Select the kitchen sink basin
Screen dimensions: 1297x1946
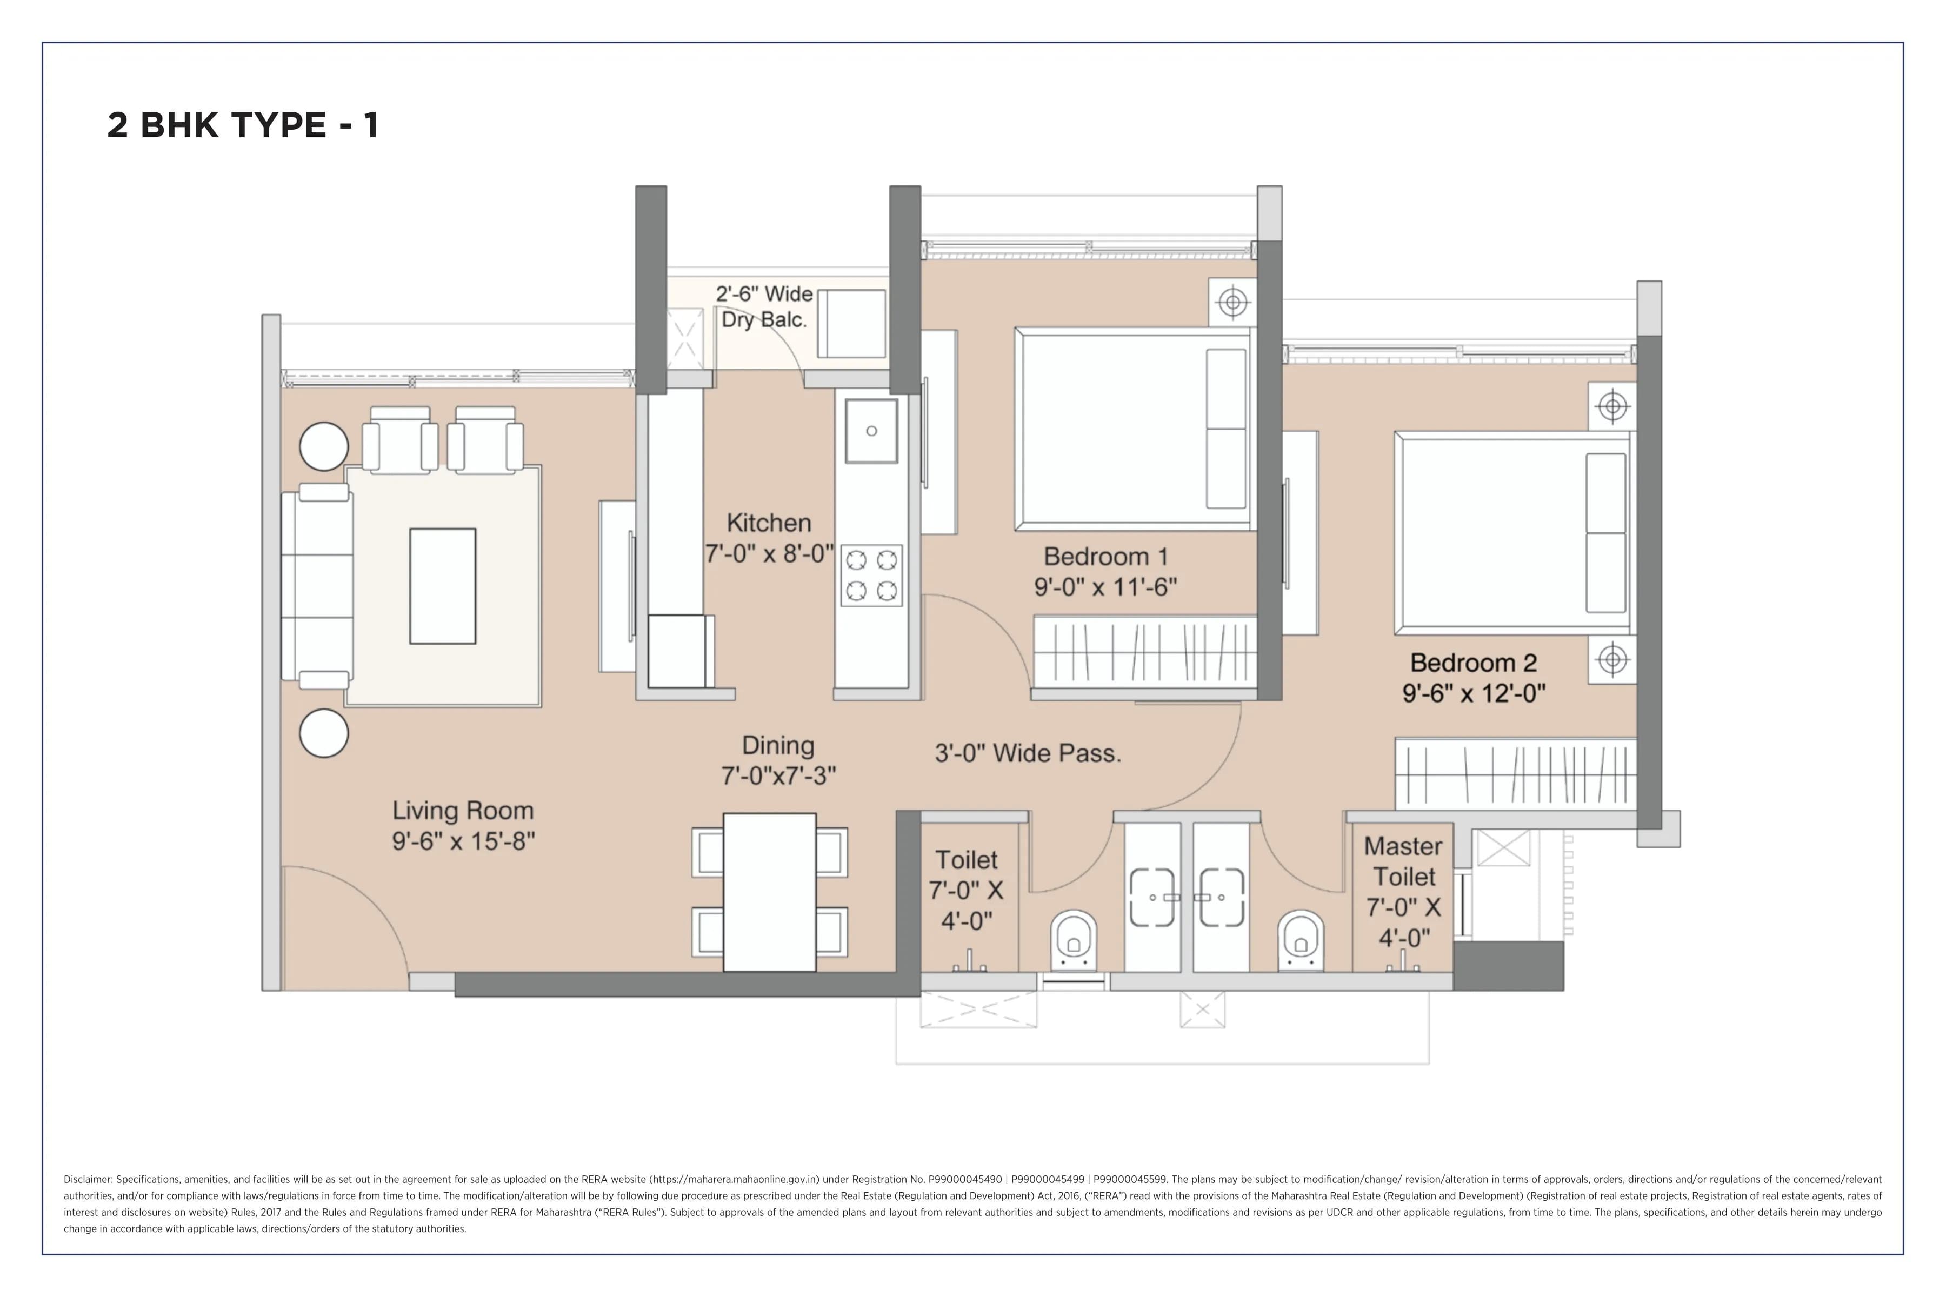click(871, 430)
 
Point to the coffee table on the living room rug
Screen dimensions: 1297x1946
click(443, 586)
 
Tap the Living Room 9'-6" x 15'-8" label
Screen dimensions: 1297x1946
click(463, 826)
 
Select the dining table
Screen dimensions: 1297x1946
click(769, 892)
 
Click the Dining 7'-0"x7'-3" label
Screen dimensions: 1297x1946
click(778, 759)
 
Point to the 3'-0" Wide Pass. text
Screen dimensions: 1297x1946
click(1028, 753)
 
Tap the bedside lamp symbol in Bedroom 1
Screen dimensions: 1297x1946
click(1233, 303)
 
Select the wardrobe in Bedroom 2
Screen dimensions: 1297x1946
click(1515, 773)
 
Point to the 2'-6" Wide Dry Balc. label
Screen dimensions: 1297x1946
click(764, 306)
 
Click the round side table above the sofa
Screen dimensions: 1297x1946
click(323, 447)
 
